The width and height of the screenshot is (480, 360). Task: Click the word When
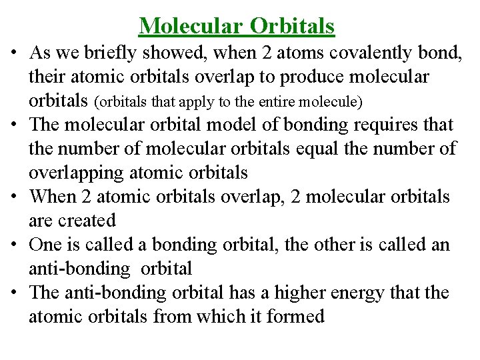tap(53, 197)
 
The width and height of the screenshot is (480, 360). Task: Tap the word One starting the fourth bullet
tap(45, 245)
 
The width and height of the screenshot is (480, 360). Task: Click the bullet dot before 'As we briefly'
tap(13, 53)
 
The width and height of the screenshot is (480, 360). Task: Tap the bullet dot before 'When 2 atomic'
tap(13, 197)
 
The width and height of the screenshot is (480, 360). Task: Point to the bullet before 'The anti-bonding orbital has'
tap(13, 293)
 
